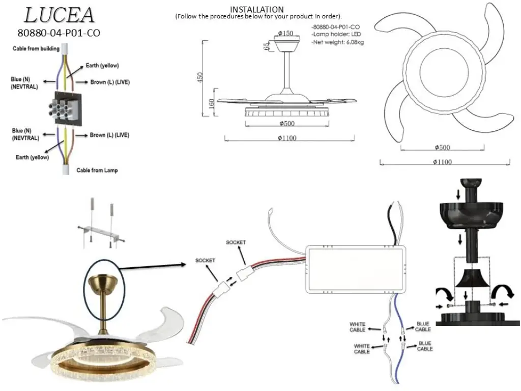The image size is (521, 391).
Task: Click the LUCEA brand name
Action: pos(59,15)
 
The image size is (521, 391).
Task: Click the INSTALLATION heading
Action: pos(257,9)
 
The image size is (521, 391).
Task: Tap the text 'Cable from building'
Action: pos(36,48)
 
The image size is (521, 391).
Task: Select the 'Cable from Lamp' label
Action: pos(97,170)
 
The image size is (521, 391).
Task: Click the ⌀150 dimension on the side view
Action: pos(285,33)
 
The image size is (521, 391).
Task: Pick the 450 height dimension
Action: pos(199,78)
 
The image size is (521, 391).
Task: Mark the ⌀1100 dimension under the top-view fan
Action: pos(442,162)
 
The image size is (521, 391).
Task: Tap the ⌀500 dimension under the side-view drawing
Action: pos(287,123)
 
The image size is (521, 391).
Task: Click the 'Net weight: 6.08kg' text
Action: pos(338,42)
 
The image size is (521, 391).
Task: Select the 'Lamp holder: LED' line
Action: pos(336,34)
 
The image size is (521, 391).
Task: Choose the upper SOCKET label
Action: pos(236,242)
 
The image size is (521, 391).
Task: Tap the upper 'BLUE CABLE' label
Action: pos(423,326)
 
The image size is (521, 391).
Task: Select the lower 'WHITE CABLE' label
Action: pos(362,349)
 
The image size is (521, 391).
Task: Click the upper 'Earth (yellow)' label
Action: pos(102,66)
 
